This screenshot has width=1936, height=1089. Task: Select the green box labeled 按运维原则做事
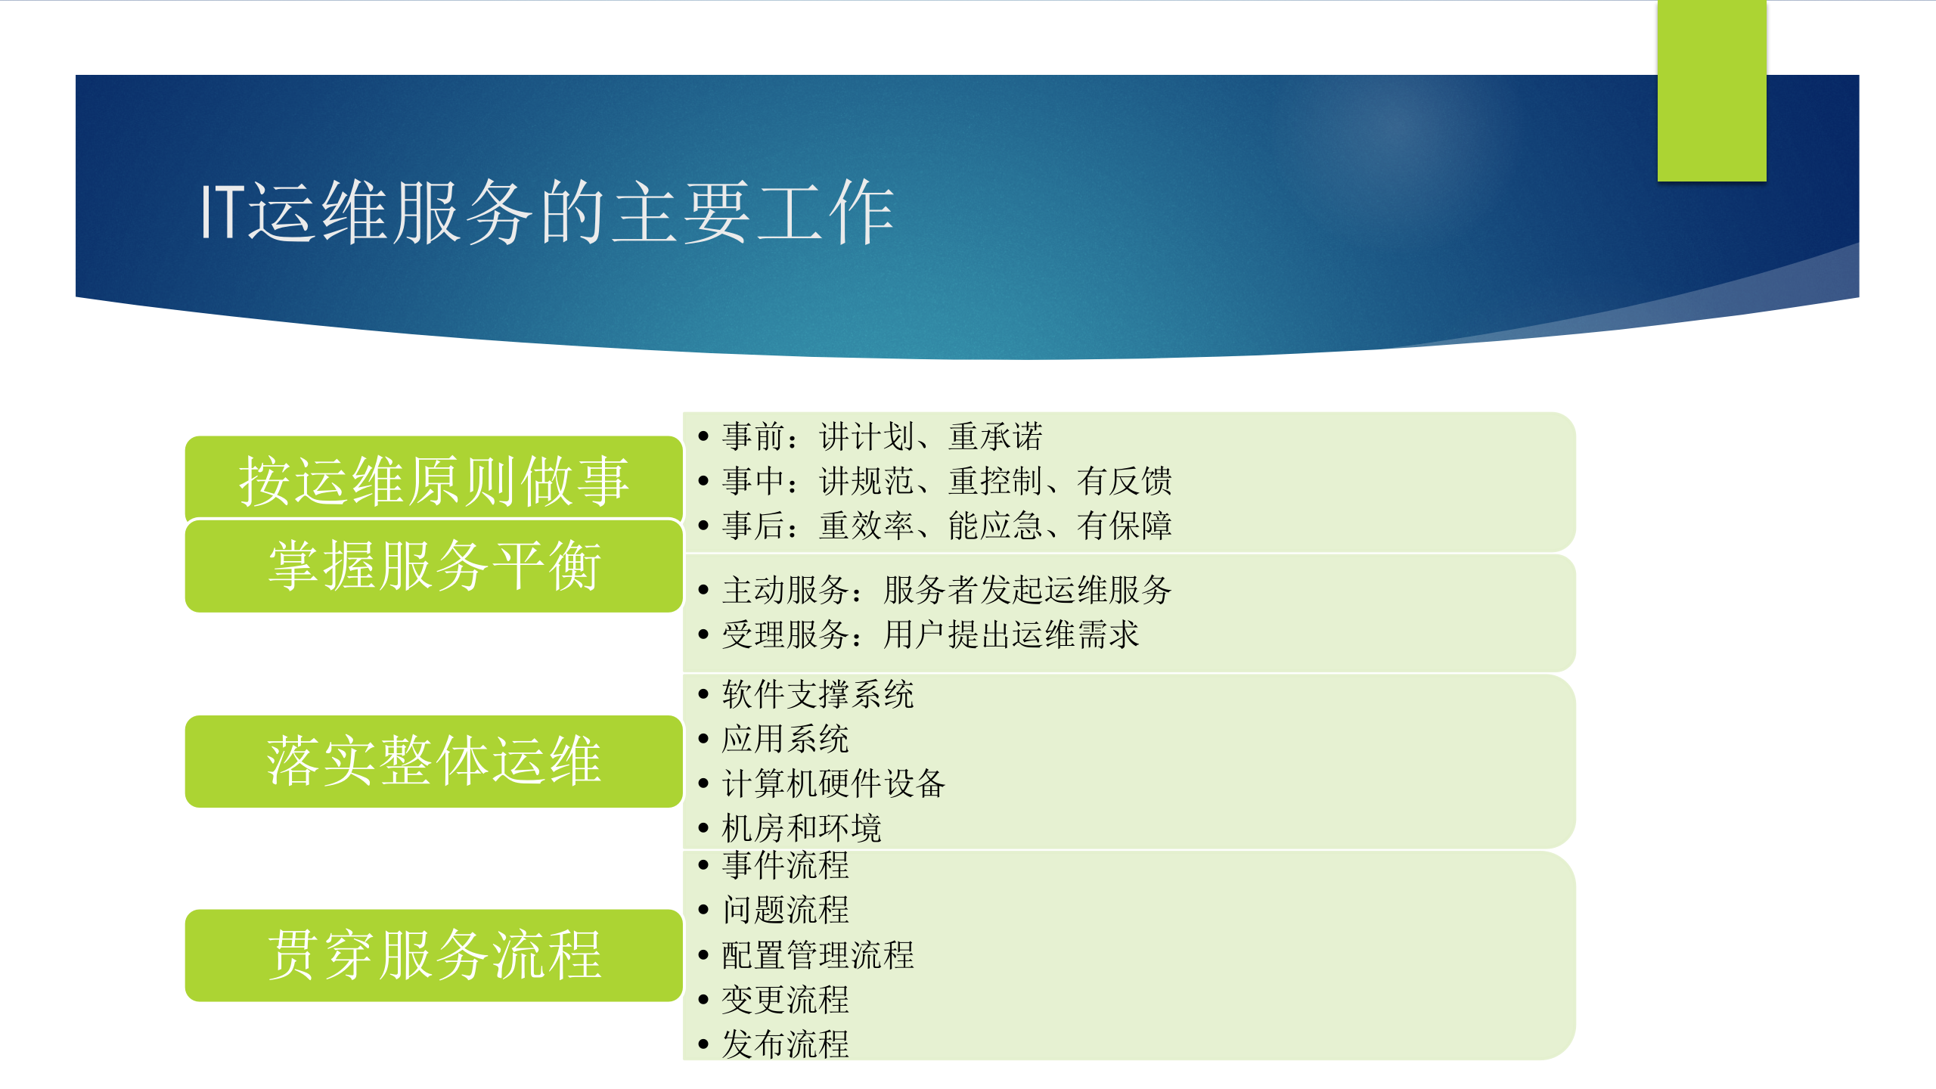pyautogui.click(x=433, y=479)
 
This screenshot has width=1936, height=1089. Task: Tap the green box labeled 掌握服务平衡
pyautogui.click(x=433, y=566)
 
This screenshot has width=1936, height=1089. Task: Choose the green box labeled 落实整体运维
pyautogui.click(x=433, y=761)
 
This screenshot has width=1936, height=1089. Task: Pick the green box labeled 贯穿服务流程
pyautogui.click(x=433, y=954)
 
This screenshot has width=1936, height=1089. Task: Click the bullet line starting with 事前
pyautogui.click(x=882, y=436)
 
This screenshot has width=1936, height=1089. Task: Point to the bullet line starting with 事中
pyautogui.click(x=946, y=481)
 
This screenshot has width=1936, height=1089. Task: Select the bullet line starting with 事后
pyautogui.click(x=946, y=526)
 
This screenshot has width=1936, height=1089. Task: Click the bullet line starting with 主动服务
pyautogui.click(x=946, y=590)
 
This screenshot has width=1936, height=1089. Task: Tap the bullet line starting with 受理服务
pyautogui.click(x=930, y=634)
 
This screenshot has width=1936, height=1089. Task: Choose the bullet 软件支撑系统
pyautogui.click(x=818, y=694)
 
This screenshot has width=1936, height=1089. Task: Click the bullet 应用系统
pyautogui.click(x=785, y=739)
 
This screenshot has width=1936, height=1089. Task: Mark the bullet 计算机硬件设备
pyautogui.click(x=833, y=783)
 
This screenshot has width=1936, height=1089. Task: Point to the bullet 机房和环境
pyautogui.click(x=802, y=828)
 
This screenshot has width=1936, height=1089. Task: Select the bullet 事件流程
pyautogui.click(x=785, y=865)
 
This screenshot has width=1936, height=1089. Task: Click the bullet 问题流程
pyautogui.click(x=785, y=910)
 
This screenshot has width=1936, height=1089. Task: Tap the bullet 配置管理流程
pyautogui.click(x=818, y=955)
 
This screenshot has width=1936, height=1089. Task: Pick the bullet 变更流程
pyautogui.click(x=785, y=1000)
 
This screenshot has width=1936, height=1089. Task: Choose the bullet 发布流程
pyautogui.click(x=785, y=1044)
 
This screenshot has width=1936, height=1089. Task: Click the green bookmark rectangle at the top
pyautogui.click(x=1711, y=91)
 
